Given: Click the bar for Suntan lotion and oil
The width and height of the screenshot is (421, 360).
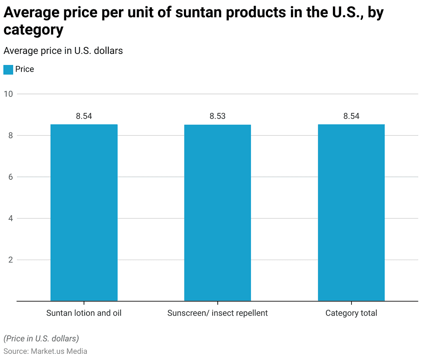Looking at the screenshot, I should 84,213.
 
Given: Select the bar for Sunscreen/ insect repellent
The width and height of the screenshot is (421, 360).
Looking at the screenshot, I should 217,213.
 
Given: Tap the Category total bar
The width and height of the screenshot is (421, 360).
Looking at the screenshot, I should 351,213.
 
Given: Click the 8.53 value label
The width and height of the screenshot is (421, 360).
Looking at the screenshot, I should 217,116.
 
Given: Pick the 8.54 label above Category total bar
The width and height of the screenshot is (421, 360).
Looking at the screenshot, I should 351,116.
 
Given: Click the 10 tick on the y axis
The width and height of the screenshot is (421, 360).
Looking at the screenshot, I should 8,94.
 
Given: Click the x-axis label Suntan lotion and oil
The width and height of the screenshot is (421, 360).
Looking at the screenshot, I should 84,313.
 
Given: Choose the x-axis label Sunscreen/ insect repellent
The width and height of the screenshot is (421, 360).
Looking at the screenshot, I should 217,313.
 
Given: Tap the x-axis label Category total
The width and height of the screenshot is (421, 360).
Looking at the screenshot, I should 351,313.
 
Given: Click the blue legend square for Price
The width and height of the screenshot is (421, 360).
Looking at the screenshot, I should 8,70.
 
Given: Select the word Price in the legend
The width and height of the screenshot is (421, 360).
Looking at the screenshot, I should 25,69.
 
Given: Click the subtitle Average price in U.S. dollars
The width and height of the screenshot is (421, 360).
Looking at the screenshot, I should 63,51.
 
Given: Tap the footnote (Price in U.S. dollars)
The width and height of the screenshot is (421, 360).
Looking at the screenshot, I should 41,339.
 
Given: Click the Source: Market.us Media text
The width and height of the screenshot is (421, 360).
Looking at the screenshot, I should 45,351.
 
